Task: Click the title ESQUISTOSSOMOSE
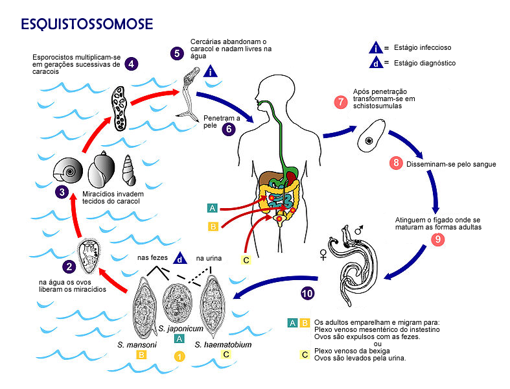pos(87,24)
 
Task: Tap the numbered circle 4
pos(131,64)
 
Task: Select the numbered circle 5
pos(177,53)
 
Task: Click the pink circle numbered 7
pos(341,102)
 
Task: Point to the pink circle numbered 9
pos(438,240)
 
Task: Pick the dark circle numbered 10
pos(307,294)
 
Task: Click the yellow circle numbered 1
pos(180,357)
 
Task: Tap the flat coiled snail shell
pos(68,170)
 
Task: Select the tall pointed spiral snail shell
pos(129,170)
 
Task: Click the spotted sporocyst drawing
pos(119,108)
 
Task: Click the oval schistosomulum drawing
pos(371,136)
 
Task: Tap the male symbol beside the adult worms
pos(359,230)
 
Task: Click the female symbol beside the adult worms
pos(323,255)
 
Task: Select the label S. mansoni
pos(137,344)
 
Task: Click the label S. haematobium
pos(223,344)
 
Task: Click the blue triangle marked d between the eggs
pos(180,258)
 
